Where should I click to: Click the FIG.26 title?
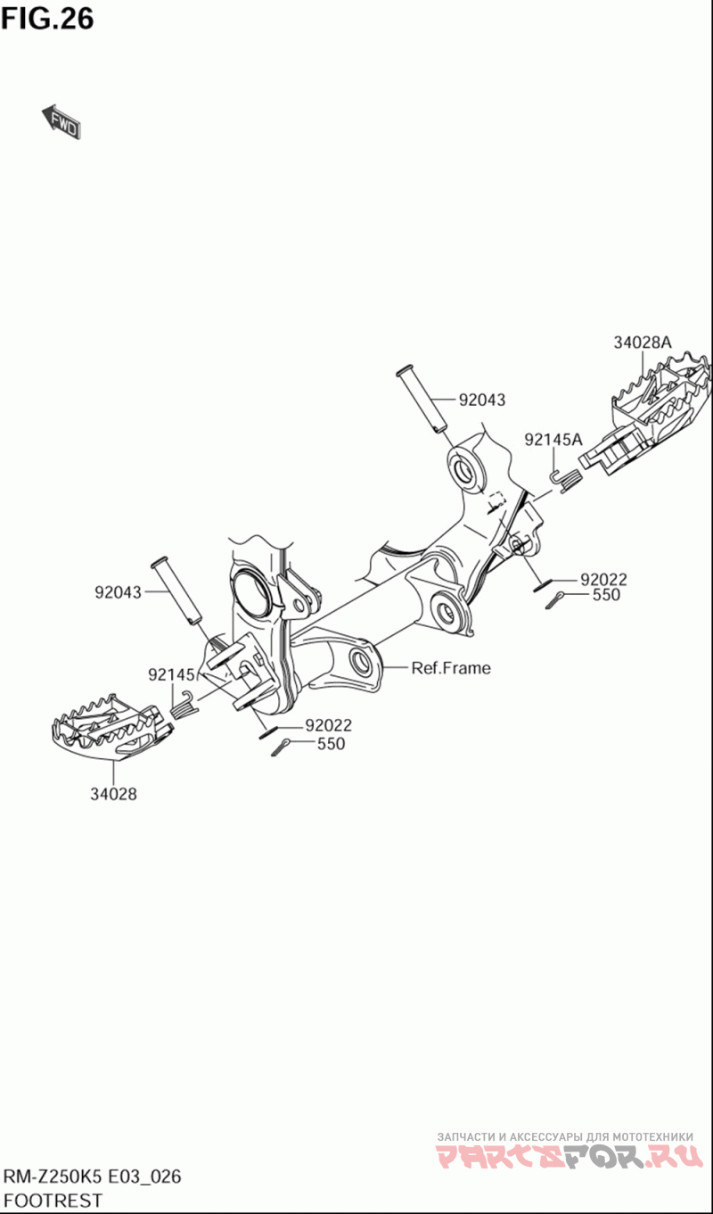(47, 19)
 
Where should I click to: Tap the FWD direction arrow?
(61, 121)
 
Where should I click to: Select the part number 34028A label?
(642, 343)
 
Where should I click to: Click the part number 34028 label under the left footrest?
(114, 794)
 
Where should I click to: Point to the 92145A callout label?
(553, 440)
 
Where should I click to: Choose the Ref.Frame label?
(451, 668)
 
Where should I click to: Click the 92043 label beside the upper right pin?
(482, 400)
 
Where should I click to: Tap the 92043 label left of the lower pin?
(118, 592)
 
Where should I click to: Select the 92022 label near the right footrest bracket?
(603, 580)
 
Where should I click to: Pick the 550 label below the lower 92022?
(331, 744)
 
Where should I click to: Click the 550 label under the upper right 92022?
(606, 595)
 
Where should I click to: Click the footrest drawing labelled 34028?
(108, 727)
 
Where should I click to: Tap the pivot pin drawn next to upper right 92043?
(422, 399)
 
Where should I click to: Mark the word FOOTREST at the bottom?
(53, 1201)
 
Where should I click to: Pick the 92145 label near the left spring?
(171, 674)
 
